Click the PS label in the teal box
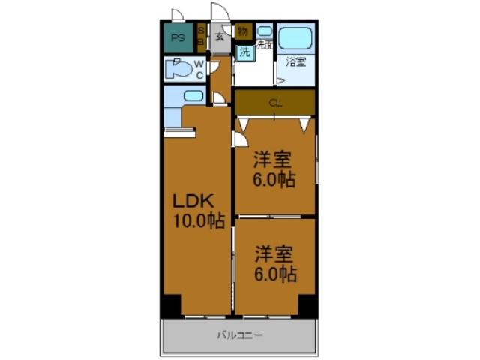(178, 37)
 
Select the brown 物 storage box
(242, 31)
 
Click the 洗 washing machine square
(244, 52)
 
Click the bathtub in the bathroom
(295, 37)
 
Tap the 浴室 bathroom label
(295, 63)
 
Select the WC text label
(200, 69)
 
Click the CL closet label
(275, 103)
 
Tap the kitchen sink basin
(193, 96)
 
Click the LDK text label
(194, 201)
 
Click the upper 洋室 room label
(273, 160)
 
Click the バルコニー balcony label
(240, 335)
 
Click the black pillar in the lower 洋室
(307, 304)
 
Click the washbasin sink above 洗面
(264, 31)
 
